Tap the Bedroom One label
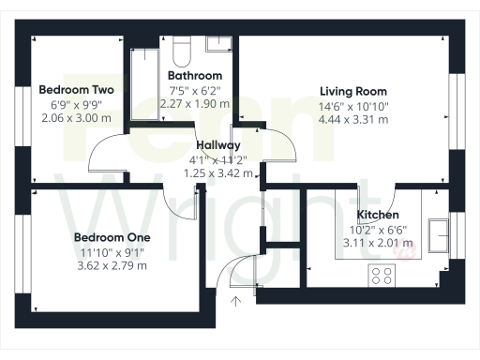click(112, 237)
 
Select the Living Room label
click(352, 91)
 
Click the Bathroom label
click(194, 75)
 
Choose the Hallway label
click(218, 145)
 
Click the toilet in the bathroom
click(182, 47)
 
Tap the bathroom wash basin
click(217, 43)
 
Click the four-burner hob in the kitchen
click(382, 276)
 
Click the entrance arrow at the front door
click(234, 300)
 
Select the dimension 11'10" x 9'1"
click(112, 251)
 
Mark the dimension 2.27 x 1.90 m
click(194, 103)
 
